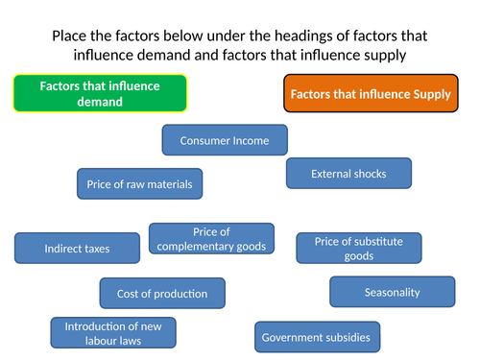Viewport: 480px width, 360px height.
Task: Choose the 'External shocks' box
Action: (x=348, y=174)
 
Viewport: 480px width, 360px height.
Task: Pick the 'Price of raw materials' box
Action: (x=140, y=183)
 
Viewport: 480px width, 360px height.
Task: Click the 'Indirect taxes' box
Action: (x=77, y=249)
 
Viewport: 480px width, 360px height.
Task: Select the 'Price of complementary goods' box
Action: (x=211, y=239)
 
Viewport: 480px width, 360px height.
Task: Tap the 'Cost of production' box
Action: (x=162, y=293)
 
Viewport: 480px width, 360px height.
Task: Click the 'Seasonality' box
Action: (x=392, y=292)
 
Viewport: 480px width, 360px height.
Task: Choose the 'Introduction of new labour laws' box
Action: (x=106, y=332)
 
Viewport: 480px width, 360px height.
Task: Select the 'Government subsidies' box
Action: (x=316, y=337)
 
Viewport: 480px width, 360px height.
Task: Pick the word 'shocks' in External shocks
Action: (x=368, y=174)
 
